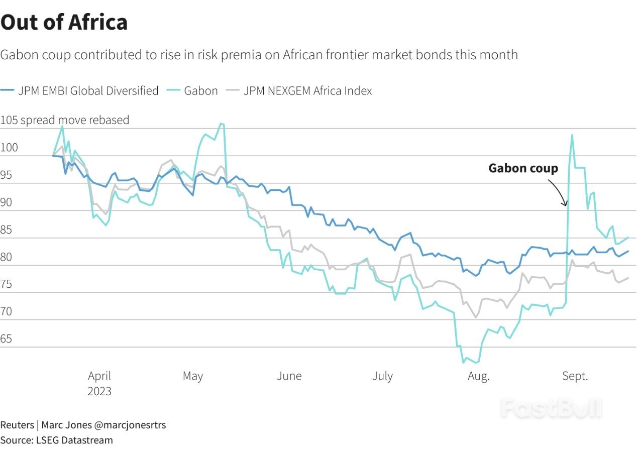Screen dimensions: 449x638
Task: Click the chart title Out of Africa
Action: coord(64,22)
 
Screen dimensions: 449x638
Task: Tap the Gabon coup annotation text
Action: coord(523,168)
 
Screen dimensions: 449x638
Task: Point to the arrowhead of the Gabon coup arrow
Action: coord(566,205)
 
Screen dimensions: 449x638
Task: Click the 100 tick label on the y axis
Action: coord(9,148)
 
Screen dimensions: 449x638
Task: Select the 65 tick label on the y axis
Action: coord(7,339)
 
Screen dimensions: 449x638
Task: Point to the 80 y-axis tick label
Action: coord(7,257)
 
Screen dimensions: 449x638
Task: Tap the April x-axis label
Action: coord(99,376)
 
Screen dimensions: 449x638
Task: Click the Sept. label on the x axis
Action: coord(575,376)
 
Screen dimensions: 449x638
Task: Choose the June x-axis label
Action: coord(289,376)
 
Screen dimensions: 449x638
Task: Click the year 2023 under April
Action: coord(99,391)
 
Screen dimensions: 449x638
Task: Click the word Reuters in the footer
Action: coord(17,425)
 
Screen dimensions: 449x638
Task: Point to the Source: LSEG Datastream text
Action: coord(56,440)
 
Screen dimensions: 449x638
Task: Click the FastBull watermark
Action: coord(551,408)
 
